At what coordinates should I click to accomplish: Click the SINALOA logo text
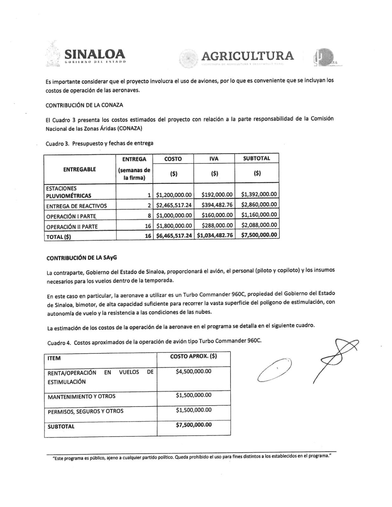pyautogui.click(x=95, y=54)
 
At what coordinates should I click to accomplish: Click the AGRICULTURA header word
pyautogui.click(x=247, y=56)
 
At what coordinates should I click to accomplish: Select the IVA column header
pyautogui.click(x=214, y=159)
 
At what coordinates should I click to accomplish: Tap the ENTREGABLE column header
pyautogui.click(x=80, y=169)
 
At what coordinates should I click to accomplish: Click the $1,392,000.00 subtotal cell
pyautogui.click(x=259, y=194)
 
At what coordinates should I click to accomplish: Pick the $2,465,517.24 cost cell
pyautogui.click(x=174, y=205)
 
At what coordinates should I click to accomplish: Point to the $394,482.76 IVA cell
pyautogui.click(x=217, y=205)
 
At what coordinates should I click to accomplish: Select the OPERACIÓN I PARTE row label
pyautogui.click(x=71, y=216)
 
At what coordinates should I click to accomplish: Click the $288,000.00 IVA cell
pyautogui.click(x=217, y=225)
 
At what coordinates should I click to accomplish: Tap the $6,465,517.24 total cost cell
pyautogui.click(x=174, y=235)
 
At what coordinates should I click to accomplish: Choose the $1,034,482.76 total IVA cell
pyautogui.click(x=215, y=235)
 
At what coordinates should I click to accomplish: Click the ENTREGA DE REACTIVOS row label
pyautogui.click(x=76, y=206)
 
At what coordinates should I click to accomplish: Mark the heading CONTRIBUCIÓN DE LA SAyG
pyautogui.click(x=82, y=258)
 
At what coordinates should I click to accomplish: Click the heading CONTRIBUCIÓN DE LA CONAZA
pyautogui.click(x=84, y=105)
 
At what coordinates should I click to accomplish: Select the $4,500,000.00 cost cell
pyautogui.click(x=193, y=371)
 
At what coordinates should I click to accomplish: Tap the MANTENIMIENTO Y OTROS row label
pyautogui.click(x=82, y=396)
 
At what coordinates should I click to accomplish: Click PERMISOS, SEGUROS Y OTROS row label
pyautogui.click(x=85, y=411)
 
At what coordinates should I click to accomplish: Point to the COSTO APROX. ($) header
pyautogui.click(x=193, y=356)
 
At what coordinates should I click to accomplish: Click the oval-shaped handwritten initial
pyautogui.click(x=275, y=370)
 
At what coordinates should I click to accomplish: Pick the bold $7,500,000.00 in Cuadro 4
pyautogui.click(x=194, y=425)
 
